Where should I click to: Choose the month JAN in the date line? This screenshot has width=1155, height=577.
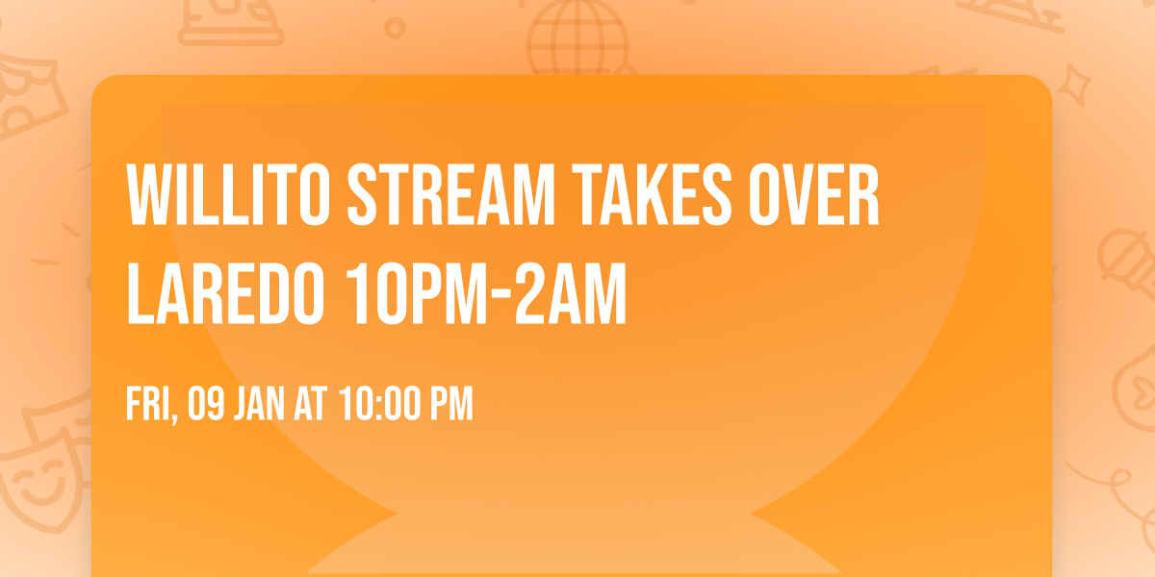[256, 405]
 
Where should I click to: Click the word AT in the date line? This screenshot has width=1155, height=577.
[311, 405]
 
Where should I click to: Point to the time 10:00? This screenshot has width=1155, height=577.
[377, 405]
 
